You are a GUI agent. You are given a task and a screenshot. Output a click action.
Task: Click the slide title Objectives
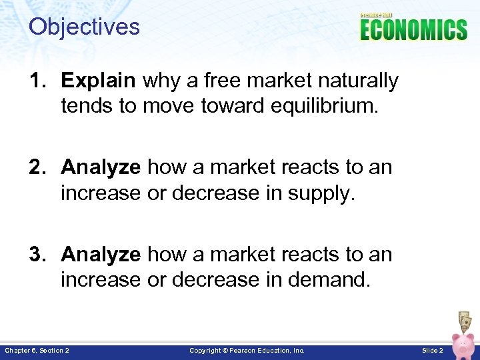coord(84,27)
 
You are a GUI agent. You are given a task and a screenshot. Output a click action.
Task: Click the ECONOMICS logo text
coord(413,30)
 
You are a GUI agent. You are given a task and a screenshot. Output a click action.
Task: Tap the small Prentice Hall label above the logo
coord(377,15)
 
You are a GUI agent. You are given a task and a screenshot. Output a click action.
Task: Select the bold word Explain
coord(98,81)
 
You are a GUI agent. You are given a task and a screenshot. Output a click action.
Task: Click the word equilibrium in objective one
coord(325,106)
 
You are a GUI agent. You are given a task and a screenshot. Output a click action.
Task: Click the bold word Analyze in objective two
coord(101,168)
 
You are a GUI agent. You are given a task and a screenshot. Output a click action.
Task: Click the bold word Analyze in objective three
coord(101,255)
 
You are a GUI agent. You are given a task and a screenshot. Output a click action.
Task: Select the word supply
coord(325,193)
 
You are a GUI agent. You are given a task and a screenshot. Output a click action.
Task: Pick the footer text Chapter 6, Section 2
coord(37,351)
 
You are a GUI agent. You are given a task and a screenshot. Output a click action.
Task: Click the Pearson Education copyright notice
coord(247,351)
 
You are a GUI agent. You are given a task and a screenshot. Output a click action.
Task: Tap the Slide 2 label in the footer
coord(432,351)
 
